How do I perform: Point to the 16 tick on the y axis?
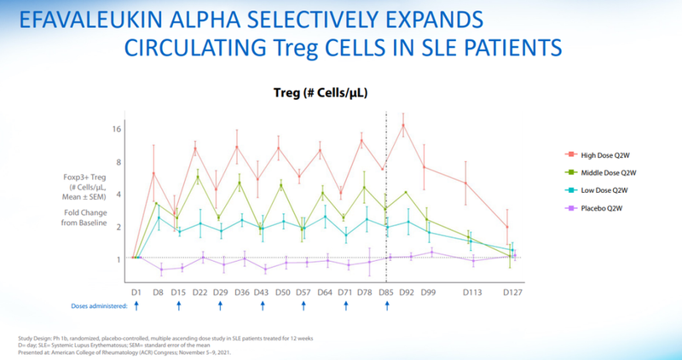(x=118, y=130)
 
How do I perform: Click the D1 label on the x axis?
(x=136, y=292)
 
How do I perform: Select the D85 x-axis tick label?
(x=387, y=292)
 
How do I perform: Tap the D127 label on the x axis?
(x=512, y=292)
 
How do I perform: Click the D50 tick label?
(x=283, y=292)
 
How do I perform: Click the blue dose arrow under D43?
(x=262, y=306)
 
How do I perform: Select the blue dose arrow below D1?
(x=136, y=306)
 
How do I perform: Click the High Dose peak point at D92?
(x=402, y=125)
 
